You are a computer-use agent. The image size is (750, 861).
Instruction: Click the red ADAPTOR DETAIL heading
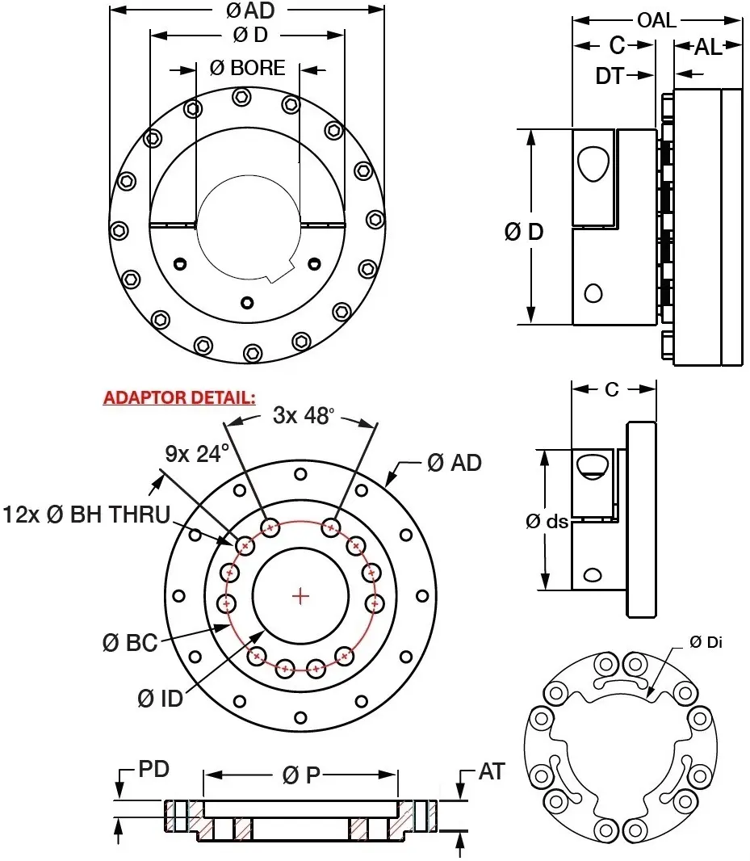click(179, 398)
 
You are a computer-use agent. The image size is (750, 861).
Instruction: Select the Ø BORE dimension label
click(248, 68)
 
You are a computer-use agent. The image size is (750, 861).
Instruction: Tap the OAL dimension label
click(656, 20)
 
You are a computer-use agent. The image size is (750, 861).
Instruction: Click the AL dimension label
click(708, 47)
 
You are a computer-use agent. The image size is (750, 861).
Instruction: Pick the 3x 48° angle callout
click(303, 416)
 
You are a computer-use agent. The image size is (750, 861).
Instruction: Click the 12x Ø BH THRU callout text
click(86, 514)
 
